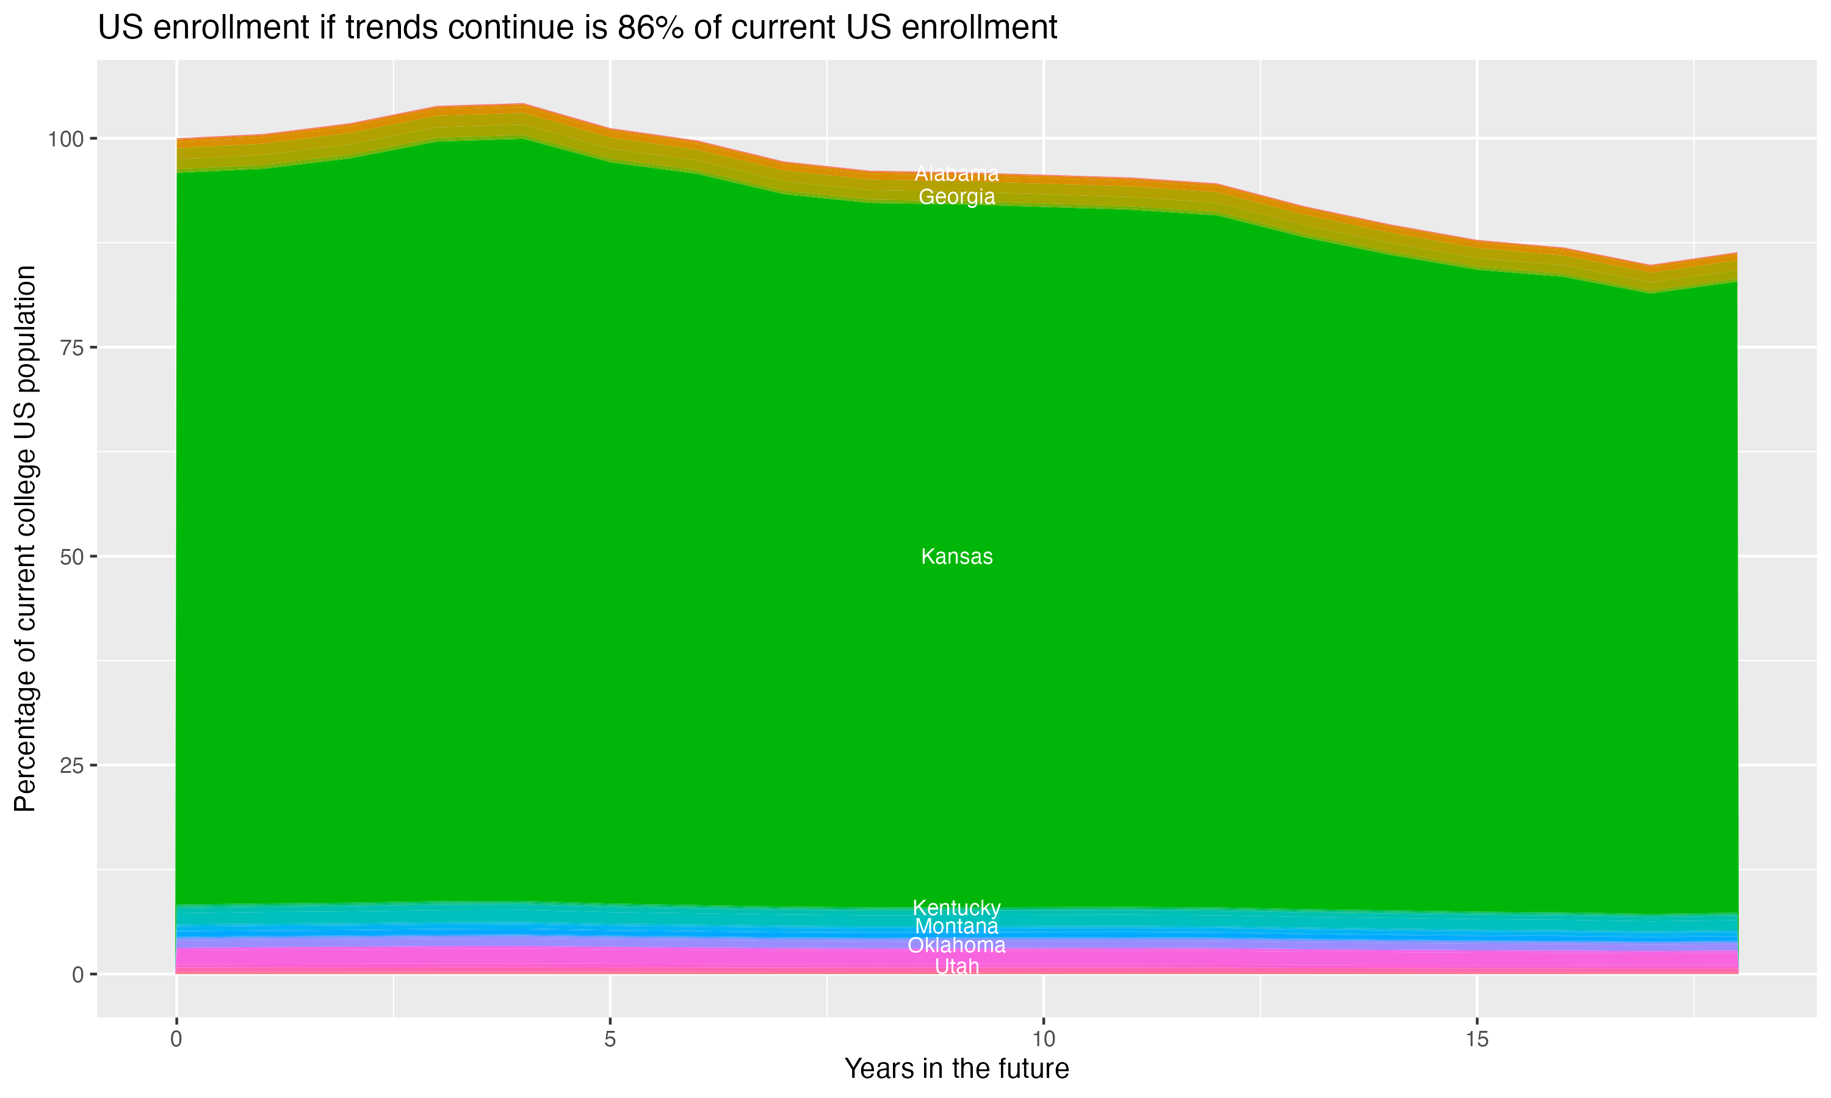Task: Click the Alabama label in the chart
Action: coord(956,174)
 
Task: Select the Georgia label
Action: coord(956,197)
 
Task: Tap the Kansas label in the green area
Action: coord(956,556)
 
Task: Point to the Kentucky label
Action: coord(956,908)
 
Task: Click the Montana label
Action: coord(956,927)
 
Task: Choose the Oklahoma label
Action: coord(956,945)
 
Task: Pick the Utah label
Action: coord(956,967)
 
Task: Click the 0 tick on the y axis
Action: coord(78,974)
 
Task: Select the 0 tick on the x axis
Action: coord(176,1039)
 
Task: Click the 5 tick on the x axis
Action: coord(610,1039)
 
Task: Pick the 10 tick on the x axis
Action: coord(1044,1039)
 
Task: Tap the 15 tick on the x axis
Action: coord(1477,1039)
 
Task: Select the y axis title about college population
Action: coord(25,539)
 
